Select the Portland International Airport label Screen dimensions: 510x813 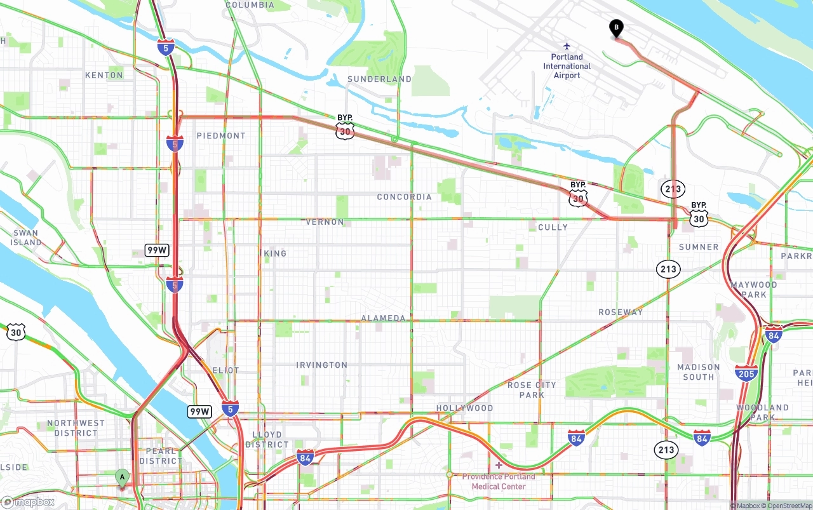[567, 66]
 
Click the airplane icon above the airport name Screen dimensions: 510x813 [567, 46]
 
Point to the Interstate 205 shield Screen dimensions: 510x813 [746, 373]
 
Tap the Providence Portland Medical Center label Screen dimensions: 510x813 [499, 481]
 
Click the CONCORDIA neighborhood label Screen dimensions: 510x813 [404, 197]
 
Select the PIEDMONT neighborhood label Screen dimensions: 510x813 [220, 136]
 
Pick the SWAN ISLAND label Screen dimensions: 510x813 [26, 238]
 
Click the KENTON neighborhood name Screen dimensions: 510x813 [104, 75]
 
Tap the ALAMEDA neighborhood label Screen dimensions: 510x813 [383, 318]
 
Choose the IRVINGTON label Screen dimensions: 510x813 [322, 365]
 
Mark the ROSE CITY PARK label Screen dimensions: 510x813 [532, 390]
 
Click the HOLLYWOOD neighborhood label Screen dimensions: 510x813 [464, 408]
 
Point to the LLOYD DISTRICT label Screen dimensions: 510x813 [267, 440]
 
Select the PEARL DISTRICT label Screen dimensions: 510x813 [161, 456]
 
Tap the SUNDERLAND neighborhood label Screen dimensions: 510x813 [379, 79]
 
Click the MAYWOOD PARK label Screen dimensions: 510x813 [753, 290]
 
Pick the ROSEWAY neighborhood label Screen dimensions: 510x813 [621, 312]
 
